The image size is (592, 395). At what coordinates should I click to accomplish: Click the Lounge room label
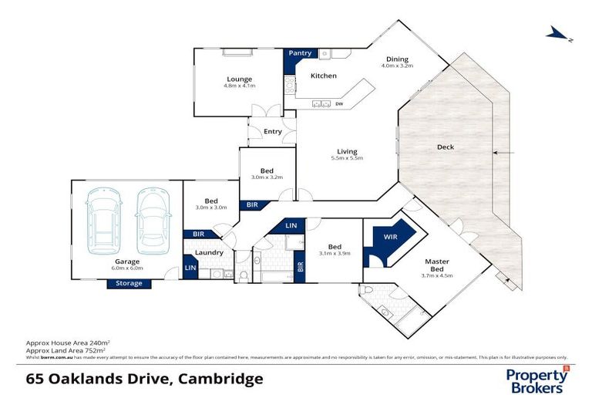pyautogui.click(x=239, y=79)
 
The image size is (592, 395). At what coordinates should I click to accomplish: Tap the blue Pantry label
pyautogui.click(x=301, y=53)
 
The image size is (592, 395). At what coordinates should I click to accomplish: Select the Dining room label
pyautogui.click(x=397, y=59)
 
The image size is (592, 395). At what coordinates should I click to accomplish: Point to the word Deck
pyautogui.click(x=445, y=147)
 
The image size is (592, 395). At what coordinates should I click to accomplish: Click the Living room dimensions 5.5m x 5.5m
pyautogui.click(x=346, y=158)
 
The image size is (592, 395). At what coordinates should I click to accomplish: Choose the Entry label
pyautogui.click(x=273, y=131)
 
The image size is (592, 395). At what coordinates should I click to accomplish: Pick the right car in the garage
pyautogui.click(x=152, y=222)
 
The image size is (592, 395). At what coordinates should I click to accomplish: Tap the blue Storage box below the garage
pyautogui.click(x=129, y=283)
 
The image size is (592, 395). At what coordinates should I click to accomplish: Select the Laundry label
pyautogui.click(x=209, y=252)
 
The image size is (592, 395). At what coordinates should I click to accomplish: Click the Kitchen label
pyautogui.click(x=324, y=76)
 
